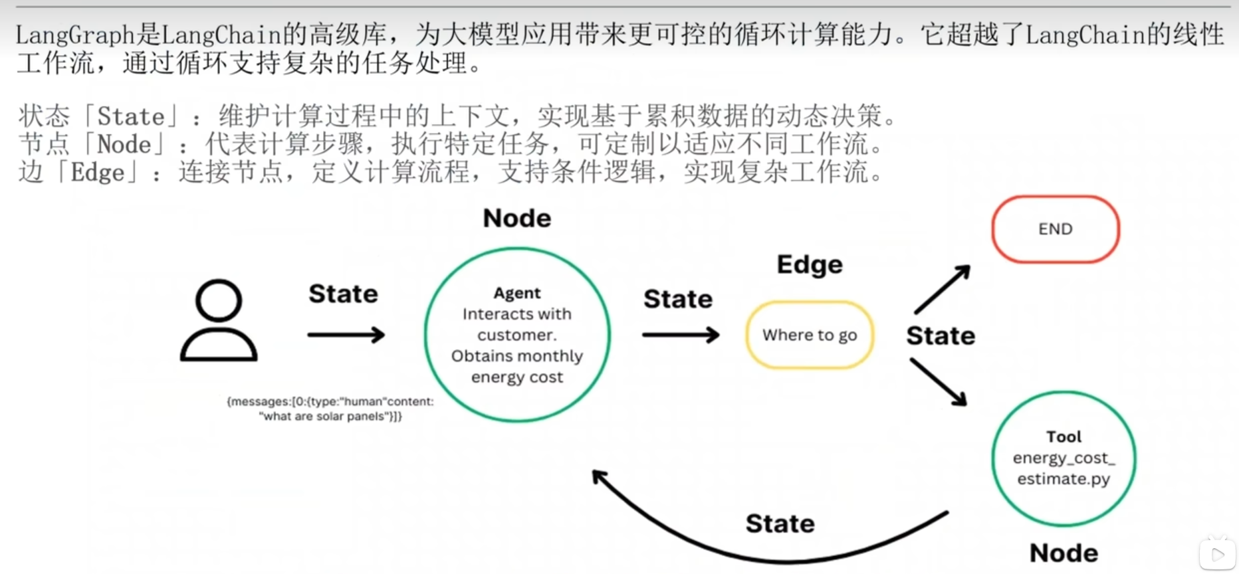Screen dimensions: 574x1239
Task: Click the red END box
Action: pos(1055,229)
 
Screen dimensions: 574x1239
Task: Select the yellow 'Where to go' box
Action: pos(809,335)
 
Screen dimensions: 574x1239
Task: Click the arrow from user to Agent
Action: pos(346,335)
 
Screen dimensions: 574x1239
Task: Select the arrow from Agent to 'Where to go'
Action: pos(680,335)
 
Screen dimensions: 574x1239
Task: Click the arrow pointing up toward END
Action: pos(943,289)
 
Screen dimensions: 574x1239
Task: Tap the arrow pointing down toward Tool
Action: pos(938,381)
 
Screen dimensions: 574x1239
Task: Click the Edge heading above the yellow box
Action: pos(810,264)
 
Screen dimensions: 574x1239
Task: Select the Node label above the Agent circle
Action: pos(517,218)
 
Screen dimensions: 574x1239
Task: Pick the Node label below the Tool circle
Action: pos(1064,553)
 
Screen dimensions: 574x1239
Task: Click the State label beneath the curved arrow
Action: pos(780,524)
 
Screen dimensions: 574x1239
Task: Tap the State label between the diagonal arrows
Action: pos(941,335)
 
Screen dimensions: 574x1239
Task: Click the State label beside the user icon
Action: pos(343,294)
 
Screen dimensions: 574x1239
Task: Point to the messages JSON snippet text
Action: pos(330,409)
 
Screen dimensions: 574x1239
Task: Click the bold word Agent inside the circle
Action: pos(517,293)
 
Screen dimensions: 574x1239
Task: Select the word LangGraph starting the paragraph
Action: pos(74,35)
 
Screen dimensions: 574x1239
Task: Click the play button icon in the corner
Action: pos(1218,554)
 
